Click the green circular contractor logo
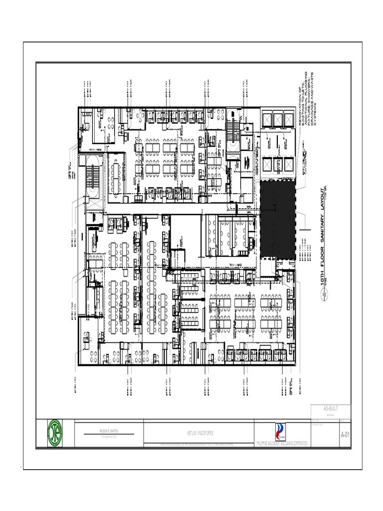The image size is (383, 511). tap(55, 433)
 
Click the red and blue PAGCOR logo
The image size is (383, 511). tap(281, 432)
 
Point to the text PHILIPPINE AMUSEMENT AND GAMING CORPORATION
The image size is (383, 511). tap(281, 444)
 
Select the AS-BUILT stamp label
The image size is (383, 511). tap(331, 408)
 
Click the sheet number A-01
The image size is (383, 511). tap(345, 435)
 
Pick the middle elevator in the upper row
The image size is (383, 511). tap(278, 120)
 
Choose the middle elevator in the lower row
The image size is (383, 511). tap(278, 164)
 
